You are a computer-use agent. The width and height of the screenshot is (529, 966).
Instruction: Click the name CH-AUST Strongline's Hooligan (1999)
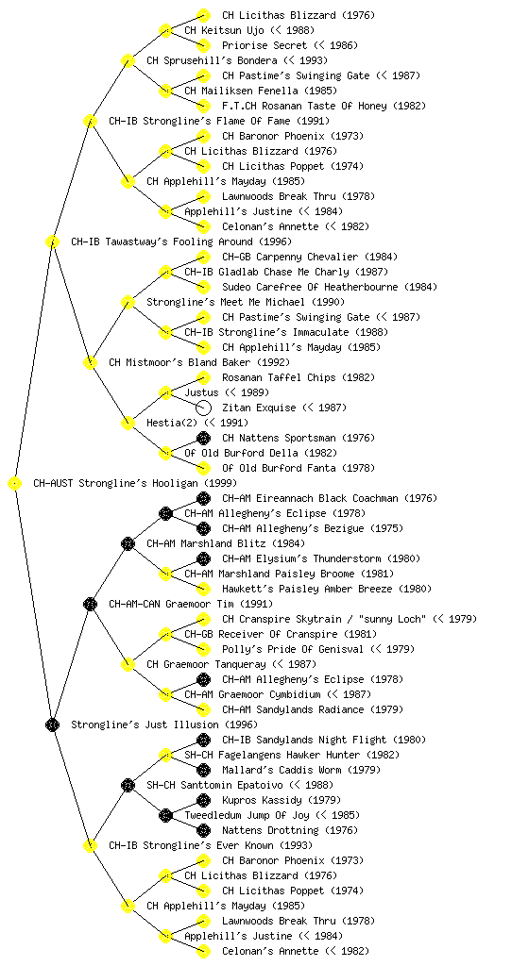tap(135, 484)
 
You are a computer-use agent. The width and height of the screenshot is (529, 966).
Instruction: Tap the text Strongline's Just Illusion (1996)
tap(164, 725)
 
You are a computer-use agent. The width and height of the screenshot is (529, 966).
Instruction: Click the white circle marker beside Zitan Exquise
tap(203, 408)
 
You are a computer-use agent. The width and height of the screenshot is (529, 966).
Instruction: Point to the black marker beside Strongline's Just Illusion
tap(52, 724)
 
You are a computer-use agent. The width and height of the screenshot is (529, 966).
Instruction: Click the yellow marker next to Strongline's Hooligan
tap(15, 484)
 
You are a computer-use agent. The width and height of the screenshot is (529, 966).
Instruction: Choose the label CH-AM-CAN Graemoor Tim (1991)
tap(191, 605)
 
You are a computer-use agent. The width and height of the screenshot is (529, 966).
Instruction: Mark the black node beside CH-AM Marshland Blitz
tap(128, 543)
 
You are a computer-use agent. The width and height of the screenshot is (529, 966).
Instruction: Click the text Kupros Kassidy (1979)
tap(282, 801)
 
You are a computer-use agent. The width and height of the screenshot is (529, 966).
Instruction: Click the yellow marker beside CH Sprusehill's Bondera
tap(128, 60)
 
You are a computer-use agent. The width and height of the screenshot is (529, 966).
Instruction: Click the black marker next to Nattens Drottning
tap(203, 830)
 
